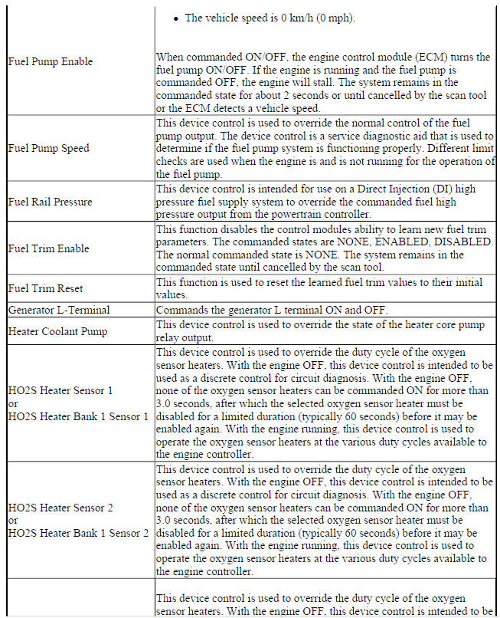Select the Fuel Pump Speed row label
click(48, 148)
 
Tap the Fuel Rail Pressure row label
click(50, 202)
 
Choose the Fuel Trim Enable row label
click(48, 248)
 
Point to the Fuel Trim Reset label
click(45, 288)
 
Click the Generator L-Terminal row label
click(59, 310)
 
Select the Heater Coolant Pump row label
click(57, 331)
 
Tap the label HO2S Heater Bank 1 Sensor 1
click(78, 416)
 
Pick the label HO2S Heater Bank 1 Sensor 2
click(78, 533)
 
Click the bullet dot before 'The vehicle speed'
click(176, 18)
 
